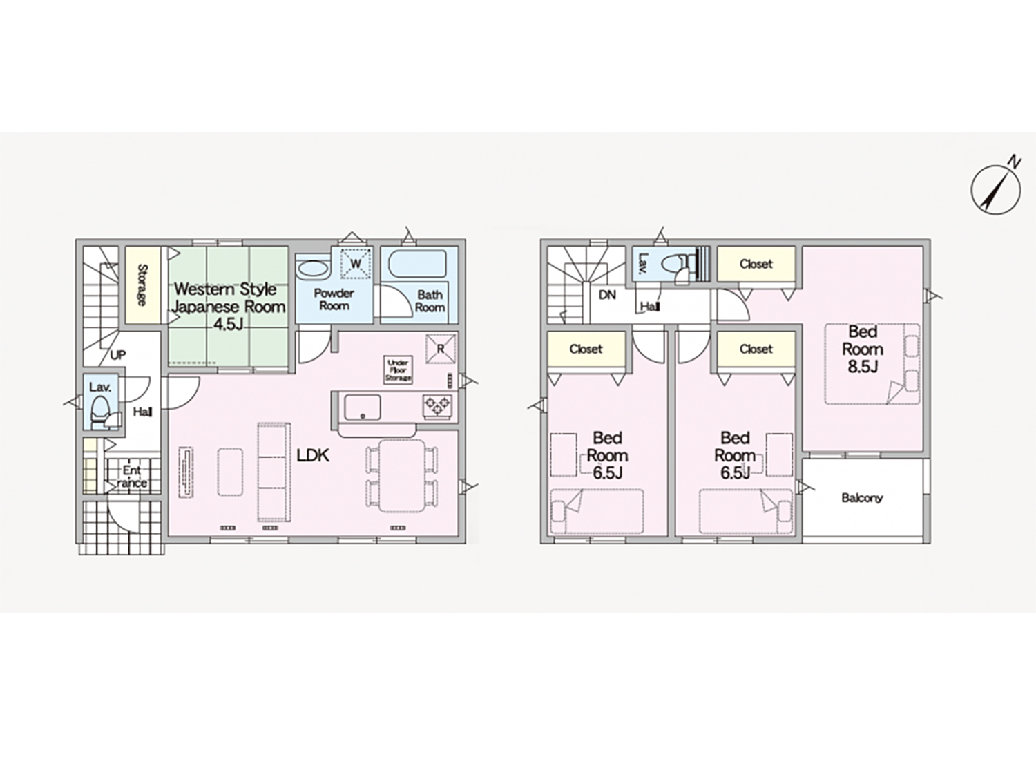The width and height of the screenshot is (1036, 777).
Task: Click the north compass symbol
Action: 995,191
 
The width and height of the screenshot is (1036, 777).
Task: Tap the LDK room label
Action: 313,455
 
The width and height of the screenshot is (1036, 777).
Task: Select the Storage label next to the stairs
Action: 142,285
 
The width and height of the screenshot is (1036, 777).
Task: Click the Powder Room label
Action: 334,300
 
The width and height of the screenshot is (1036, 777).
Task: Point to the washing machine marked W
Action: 356,263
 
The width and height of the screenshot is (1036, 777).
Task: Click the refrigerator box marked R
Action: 441,349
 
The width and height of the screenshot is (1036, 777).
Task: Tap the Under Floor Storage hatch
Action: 399,370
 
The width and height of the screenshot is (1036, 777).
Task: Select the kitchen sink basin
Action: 363,407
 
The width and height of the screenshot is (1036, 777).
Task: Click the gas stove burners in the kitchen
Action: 437,406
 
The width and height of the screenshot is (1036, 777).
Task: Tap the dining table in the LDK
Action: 402,476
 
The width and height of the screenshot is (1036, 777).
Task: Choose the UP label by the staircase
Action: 117,355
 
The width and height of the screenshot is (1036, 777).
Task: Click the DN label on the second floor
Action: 607,295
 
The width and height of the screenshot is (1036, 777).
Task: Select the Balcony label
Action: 862,498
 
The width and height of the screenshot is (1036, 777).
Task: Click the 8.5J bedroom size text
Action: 863,367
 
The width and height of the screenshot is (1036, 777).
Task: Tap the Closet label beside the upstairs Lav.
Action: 756,265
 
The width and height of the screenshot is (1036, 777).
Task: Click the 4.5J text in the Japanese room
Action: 228,325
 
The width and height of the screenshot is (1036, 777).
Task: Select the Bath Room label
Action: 430,301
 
